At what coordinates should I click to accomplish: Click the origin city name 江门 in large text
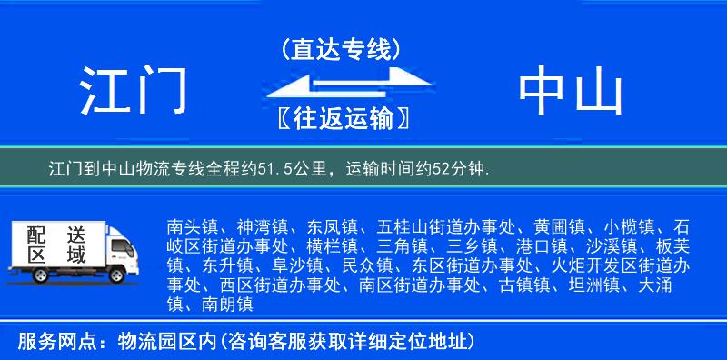[x=134, y=92]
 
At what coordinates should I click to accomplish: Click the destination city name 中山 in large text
[x=571, y=92]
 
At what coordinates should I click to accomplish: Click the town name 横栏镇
[x=332, y=245]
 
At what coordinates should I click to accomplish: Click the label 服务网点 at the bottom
[x=46, y=342]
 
